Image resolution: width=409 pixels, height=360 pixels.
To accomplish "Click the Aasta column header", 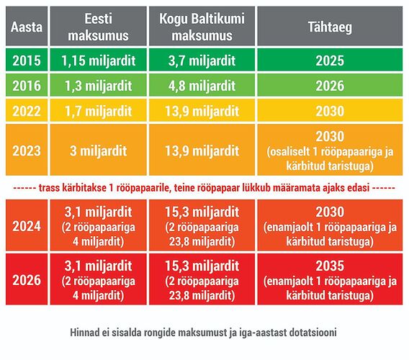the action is coord(27,26).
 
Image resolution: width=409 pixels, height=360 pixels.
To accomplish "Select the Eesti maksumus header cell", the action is coord(99,26).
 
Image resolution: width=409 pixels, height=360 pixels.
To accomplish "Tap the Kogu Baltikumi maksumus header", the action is coord(202,26).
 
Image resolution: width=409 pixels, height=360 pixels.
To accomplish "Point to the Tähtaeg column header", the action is coord(330,26).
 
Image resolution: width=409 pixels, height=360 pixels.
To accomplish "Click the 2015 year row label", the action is coord(27,60).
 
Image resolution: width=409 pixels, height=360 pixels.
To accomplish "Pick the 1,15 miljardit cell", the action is coord(99,60).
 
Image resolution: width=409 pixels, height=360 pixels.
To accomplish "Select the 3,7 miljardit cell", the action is coord(202,60).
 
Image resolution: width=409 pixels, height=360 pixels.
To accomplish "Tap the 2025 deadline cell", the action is coord(330,60).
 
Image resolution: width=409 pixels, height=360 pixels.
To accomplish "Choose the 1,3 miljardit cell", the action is coord(99,85).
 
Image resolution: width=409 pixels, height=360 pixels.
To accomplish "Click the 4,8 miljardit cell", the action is coord(202,85).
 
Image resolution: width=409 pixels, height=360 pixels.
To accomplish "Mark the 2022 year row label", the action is coord(27,110).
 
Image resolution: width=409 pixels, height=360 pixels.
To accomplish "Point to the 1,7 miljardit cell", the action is coord(99,110).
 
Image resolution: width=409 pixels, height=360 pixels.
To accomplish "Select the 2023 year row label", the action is coord(27,150).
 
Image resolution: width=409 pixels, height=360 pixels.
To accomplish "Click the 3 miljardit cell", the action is coord(99,150).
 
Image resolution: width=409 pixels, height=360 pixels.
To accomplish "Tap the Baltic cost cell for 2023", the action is coord(202,150).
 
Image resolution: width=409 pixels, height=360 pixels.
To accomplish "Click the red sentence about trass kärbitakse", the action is coord(204,188).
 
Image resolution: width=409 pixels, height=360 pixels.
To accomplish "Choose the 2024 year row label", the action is coord(27,225).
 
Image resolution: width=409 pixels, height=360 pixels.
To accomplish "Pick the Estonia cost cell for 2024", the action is coord(99,225).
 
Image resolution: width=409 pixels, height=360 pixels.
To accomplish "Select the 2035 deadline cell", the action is coord(330,279).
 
